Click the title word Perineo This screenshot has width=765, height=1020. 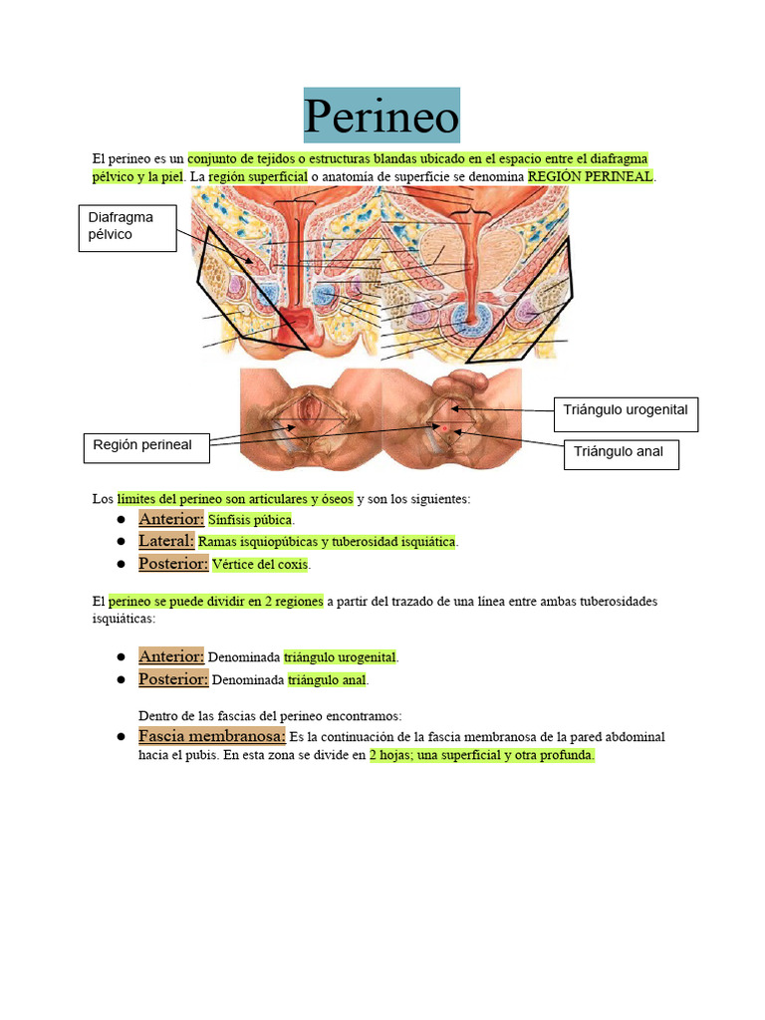pyautogui.click(x=382, y=118)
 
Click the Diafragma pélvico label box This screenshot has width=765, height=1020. pyautogui.click(x=128, y=228)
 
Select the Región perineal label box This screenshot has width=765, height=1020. pyautogui.click(x=145, y=445)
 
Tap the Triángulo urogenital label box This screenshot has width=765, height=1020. pyautogui.click(x=626, y=410)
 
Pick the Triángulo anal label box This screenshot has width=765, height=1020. pyautogui.click(x=619, y=452)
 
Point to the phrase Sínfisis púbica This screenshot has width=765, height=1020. pyautogui.click(x=250, y=520)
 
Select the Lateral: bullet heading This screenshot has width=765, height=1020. pyautogui.click(x=166, y=541)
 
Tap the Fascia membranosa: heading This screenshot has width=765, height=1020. pyautogui.click(x=212, y=736)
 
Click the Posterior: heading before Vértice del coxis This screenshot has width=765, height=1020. pyautogui.click(x=173, y=564)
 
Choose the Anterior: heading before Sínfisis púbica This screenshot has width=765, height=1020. pyautogui.click(x=171, y=519)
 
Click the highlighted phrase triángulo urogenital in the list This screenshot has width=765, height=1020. pyautogui.click(x=340, y=657)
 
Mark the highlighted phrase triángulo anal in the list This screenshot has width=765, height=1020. pyautogui.click(x=328, y=680)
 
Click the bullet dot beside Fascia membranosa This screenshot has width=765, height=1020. pyautogui.click(x=120, y=736)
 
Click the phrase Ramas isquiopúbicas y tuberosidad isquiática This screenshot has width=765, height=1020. pyautogui.click(x=328, y=542)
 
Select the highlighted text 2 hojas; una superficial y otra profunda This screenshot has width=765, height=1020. pyautogui.click(x=481, y=755)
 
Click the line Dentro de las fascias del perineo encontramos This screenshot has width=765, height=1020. pyautogui.click(x=270, y=715)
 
